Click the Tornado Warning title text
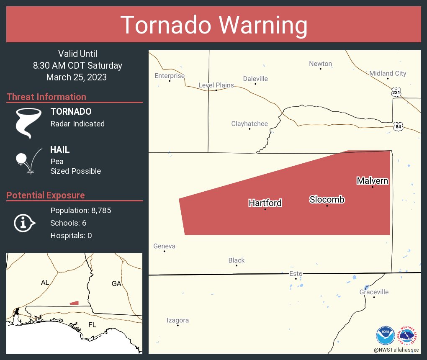click(x=213, y=25)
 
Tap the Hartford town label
click(x=265, y=203)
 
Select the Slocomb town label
click(x=327, y=200)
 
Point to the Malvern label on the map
click(x=372, y=181)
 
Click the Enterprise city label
click(x=170, y=76)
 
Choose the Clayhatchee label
click(x=250, y=124)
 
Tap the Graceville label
click(x=374, y=292)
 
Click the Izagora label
click(x=177, y=320)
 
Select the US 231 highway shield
click(x=396, y=92)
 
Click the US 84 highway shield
click(x=398, y=126)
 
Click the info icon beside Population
click(x=24, y=223)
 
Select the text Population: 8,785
click(x=80, y=210)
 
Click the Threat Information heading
click(x=46, y=97)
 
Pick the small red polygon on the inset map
click(x=74, y=303)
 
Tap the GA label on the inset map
click(x=116, y=283)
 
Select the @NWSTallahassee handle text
click(x=396, y=350)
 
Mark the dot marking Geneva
click(x=164, y=251)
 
